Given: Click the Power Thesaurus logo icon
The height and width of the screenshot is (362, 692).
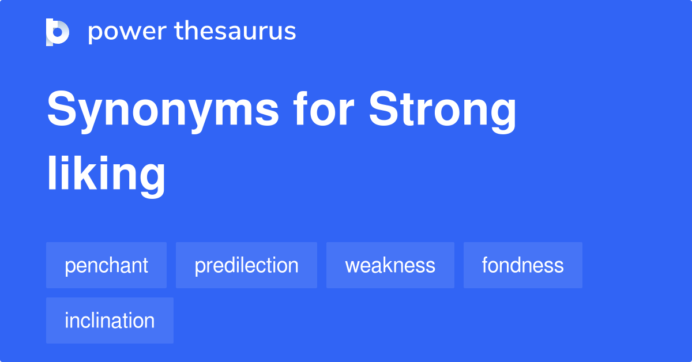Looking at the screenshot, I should pyautogui.click(x=58, y=32).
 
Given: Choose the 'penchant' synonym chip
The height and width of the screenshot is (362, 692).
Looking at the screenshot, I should pyautogui.click(x=106, y=265).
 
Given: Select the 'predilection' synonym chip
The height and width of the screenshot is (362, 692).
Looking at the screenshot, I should pyautogui.click(x=246, y=265).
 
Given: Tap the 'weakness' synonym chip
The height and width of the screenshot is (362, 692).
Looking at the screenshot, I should pyautogui.click(x=390, y=265).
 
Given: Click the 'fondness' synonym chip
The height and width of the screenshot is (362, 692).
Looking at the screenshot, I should pyautogui.click(x=522, y=265).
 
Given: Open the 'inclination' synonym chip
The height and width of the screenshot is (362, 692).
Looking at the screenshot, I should pyautogui.click(x=110, y=320).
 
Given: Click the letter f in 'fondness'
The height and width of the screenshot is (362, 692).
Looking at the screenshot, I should pyautogui.click(x=486, y=265).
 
